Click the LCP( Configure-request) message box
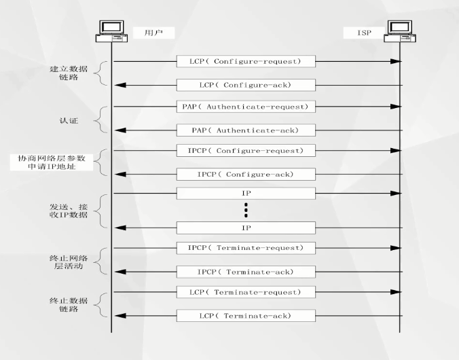click(246, 61)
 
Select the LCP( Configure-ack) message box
click(246, 85)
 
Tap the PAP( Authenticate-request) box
click(246, 107)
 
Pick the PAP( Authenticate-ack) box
click(246, 130)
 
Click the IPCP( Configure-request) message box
click(246, 151)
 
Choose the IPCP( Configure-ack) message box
click(246, 174)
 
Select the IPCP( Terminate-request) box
click(246, 248)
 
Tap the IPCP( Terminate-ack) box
click(246, 272)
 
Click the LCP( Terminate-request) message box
click(246, 292)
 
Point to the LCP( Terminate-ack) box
click(246, 316)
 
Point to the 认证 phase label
click(69, 120)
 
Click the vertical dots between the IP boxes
click(246, 210)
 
